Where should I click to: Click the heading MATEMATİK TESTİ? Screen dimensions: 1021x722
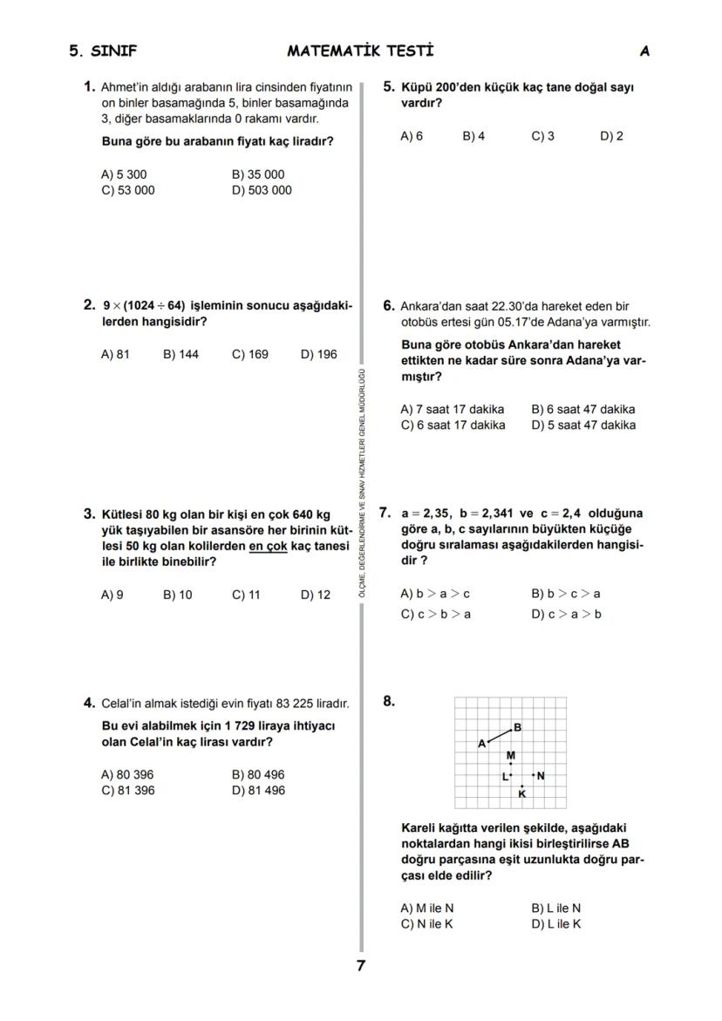point(360,51)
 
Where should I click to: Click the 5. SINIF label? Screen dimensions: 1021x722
point(103,51)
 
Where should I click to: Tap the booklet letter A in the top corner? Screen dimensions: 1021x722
point(644,51)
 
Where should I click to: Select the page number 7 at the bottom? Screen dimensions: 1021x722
point(360,965)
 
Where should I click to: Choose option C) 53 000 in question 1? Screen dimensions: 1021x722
point(128,190)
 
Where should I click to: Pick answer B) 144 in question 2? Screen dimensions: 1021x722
point(180,354)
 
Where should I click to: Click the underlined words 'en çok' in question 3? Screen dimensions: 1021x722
point(268,546)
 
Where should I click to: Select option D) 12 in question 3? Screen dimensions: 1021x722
point(316,595)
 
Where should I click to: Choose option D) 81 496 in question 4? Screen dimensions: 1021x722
point(258,790)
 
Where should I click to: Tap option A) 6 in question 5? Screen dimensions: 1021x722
point(412,136)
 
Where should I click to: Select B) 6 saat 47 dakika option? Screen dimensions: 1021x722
point(583,409)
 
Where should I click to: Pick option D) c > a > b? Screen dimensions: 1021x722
point(567,614)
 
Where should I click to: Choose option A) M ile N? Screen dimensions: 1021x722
point(427,908)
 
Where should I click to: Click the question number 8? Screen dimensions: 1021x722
point(389,699)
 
